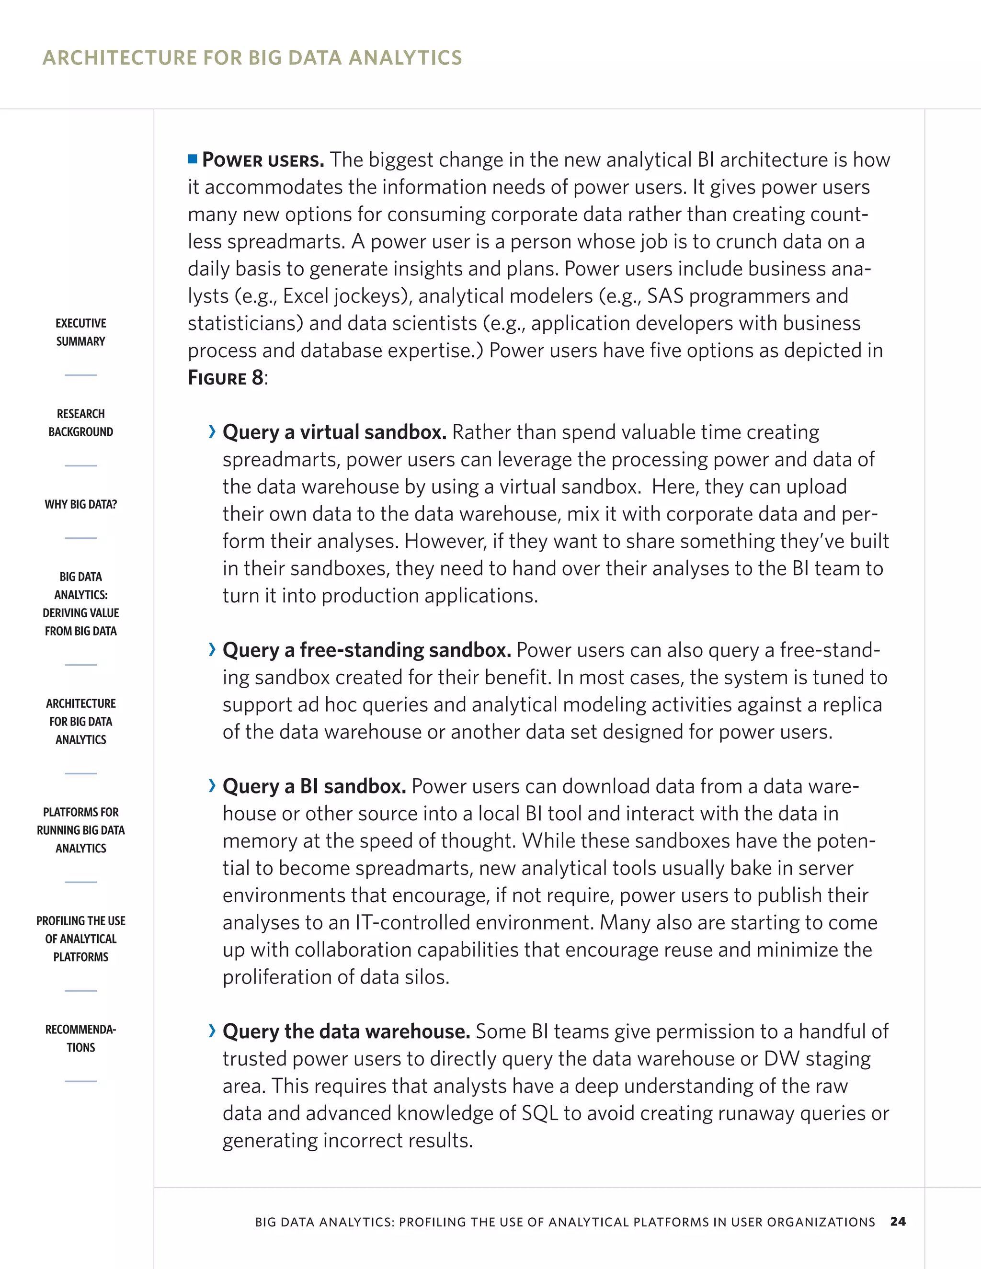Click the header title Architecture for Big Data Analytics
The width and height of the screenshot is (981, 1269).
252,57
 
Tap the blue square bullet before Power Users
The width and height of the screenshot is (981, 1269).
193,159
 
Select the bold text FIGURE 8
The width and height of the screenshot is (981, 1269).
226,378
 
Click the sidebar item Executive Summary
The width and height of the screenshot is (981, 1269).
81,332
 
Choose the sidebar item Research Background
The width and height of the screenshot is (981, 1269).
81,422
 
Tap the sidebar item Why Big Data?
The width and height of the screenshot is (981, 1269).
81,504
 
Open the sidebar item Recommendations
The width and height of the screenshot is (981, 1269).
81,1038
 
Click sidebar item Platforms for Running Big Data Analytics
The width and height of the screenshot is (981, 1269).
81,830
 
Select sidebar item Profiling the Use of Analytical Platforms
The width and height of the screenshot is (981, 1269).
81,939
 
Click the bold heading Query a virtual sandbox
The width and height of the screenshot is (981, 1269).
334,432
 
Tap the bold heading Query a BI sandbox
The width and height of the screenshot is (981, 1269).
314,786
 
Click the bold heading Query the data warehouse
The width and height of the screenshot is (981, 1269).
346,1031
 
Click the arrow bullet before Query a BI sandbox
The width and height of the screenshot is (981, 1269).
212,785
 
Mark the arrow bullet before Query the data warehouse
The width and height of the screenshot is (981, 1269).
212,1031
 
